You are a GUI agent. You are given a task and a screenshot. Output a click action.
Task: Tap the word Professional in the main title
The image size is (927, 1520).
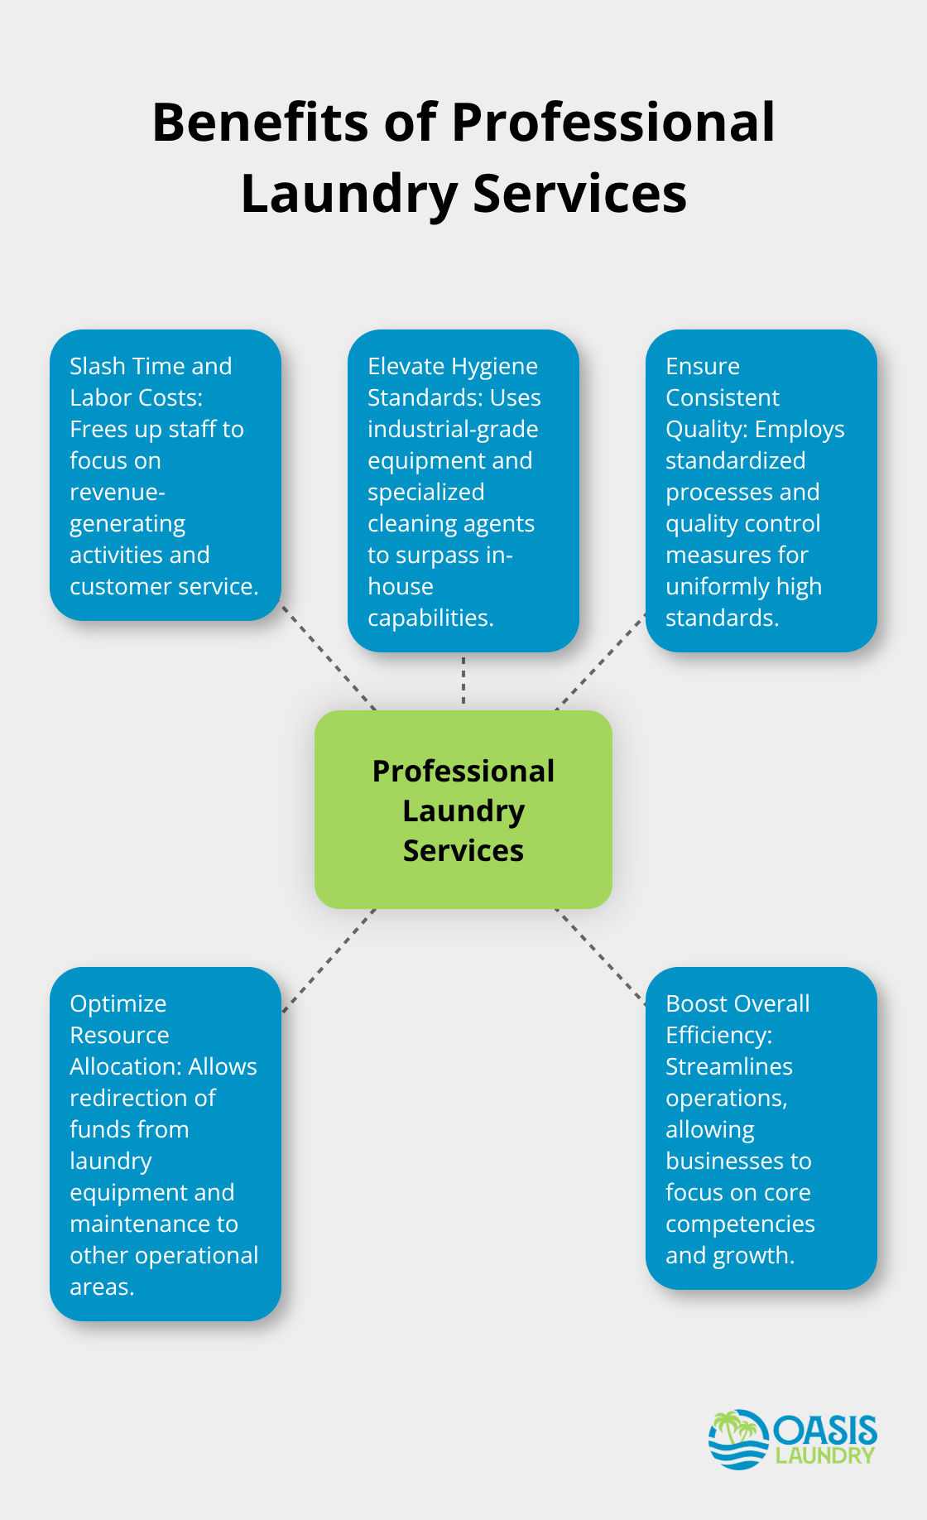point(612,123)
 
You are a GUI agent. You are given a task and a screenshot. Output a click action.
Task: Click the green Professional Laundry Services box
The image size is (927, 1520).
point(463,810)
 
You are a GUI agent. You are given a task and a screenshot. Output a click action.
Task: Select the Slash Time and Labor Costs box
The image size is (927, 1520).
point(166,475)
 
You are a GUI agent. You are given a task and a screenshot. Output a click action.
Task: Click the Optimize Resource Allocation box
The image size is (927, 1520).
point(166,1144)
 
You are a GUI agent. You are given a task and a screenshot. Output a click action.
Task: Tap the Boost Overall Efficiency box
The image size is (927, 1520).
point(761,1128)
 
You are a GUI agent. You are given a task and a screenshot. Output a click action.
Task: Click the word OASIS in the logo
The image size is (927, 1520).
point(825,1431)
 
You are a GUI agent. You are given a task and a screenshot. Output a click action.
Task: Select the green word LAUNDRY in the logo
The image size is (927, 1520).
point(825,1455)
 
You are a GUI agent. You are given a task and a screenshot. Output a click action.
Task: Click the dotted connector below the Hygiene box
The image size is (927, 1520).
point(463,681)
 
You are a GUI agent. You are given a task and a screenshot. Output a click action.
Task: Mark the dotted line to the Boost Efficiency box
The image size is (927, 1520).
point(600,957)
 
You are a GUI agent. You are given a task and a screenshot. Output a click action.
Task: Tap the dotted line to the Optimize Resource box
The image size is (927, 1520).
point(329,960)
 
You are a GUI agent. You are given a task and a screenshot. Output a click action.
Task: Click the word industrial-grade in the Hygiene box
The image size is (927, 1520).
point(453,429)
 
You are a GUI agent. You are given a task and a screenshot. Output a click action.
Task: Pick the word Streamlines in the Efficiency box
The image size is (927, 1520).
point(729,1066)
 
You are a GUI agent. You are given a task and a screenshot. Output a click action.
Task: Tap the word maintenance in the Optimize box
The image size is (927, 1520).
point(154,1224)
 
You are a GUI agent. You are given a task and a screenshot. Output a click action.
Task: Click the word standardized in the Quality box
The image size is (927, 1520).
point(735,460)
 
